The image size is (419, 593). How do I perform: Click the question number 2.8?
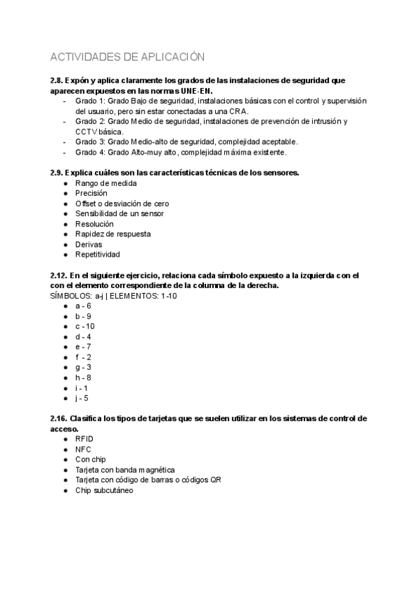tap(59, 81)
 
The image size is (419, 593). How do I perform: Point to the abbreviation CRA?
tap(238, 111)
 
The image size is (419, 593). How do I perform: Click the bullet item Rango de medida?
tap(105, 183)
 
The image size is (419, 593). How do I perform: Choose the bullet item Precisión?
tap(91, 193)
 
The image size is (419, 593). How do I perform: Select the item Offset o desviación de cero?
tap(122, 203)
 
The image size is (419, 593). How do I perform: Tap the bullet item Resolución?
tap(94, 224)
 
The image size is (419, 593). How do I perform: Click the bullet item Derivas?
tap(89, 244)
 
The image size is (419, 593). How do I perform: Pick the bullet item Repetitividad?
tap(97, 255)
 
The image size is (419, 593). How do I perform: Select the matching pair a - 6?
tap(83, 306)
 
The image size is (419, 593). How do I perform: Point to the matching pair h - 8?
tap(83, 378)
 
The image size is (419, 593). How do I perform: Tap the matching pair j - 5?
tap(82, 398)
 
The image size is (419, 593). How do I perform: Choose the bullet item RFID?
tap(84, 439)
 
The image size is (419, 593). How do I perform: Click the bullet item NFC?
tap(83, 450)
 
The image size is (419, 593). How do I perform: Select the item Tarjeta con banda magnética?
tap(125, 470)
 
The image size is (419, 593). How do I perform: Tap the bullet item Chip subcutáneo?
tap(104, 490)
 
